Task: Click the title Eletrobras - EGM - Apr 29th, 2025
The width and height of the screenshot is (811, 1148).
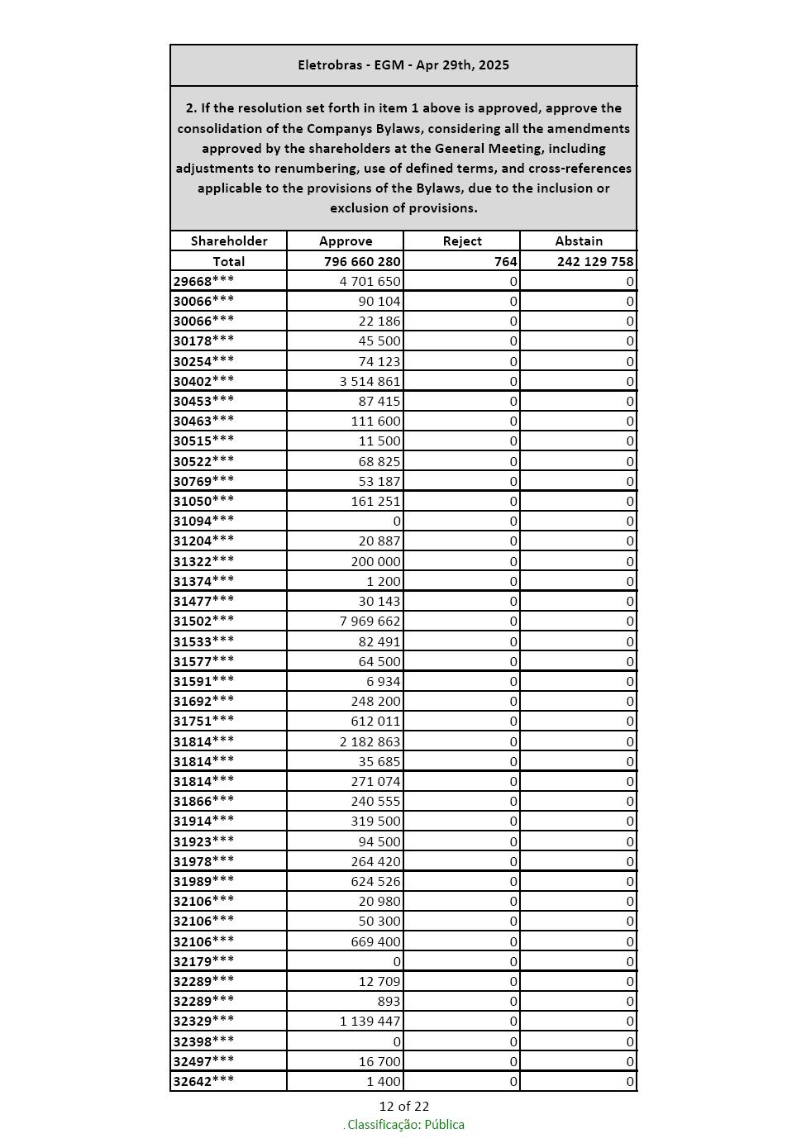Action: point(403,64)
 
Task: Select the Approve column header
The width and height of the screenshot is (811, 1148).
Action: point(346,241)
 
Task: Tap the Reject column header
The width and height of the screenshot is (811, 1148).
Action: point(462,241)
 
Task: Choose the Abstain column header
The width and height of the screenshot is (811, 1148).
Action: point(579,241)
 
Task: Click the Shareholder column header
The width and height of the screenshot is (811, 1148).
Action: point(229,241)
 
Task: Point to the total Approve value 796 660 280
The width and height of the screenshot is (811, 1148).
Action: point(362,261)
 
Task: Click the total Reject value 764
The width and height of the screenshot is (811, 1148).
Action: point(506,261)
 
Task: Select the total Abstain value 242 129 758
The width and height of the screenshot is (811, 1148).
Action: point(595,261)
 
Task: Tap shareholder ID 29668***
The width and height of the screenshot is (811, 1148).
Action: point(203,281)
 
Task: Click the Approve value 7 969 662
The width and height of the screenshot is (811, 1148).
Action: point(370,621)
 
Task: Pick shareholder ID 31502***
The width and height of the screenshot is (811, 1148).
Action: point(203,621)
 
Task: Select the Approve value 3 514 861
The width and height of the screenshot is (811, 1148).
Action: point(370,381)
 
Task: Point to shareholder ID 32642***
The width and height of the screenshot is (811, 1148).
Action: point(203,1081)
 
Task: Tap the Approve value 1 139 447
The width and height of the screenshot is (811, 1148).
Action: point(370,1021)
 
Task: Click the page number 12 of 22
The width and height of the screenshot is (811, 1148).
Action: point(404,1106)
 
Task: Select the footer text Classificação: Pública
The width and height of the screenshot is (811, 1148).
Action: point(405,1124)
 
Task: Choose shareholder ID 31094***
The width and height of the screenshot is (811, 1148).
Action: point(203,521)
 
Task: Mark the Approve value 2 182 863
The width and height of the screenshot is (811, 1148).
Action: point(370,741)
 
